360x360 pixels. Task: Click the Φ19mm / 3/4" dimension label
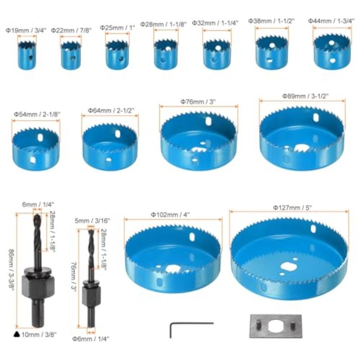(26, 30)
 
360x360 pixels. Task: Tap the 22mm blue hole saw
(71, 55)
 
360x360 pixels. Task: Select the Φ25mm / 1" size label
(117, 28)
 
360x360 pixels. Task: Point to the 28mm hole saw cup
(166, 54)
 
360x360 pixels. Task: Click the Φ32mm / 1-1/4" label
(215, 23)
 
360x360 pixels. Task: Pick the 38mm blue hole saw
(272, 52)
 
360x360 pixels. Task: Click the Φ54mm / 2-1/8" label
(37, 114)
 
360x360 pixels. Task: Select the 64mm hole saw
(110, 147)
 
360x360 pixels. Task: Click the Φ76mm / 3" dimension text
(198, 102)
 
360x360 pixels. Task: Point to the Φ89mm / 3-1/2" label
(306, 96)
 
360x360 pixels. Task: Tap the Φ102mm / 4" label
(170, 215)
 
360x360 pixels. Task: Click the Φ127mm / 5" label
(292, 208)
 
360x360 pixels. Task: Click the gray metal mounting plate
(275, 326)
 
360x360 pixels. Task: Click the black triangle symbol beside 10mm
(16, 334)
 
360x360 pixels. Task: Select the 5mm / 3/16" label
(92, 220)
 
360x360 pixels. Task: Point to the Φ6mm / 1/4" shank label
(91, 339)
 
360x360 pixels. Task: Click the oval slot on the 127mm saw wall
(313, 229)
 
